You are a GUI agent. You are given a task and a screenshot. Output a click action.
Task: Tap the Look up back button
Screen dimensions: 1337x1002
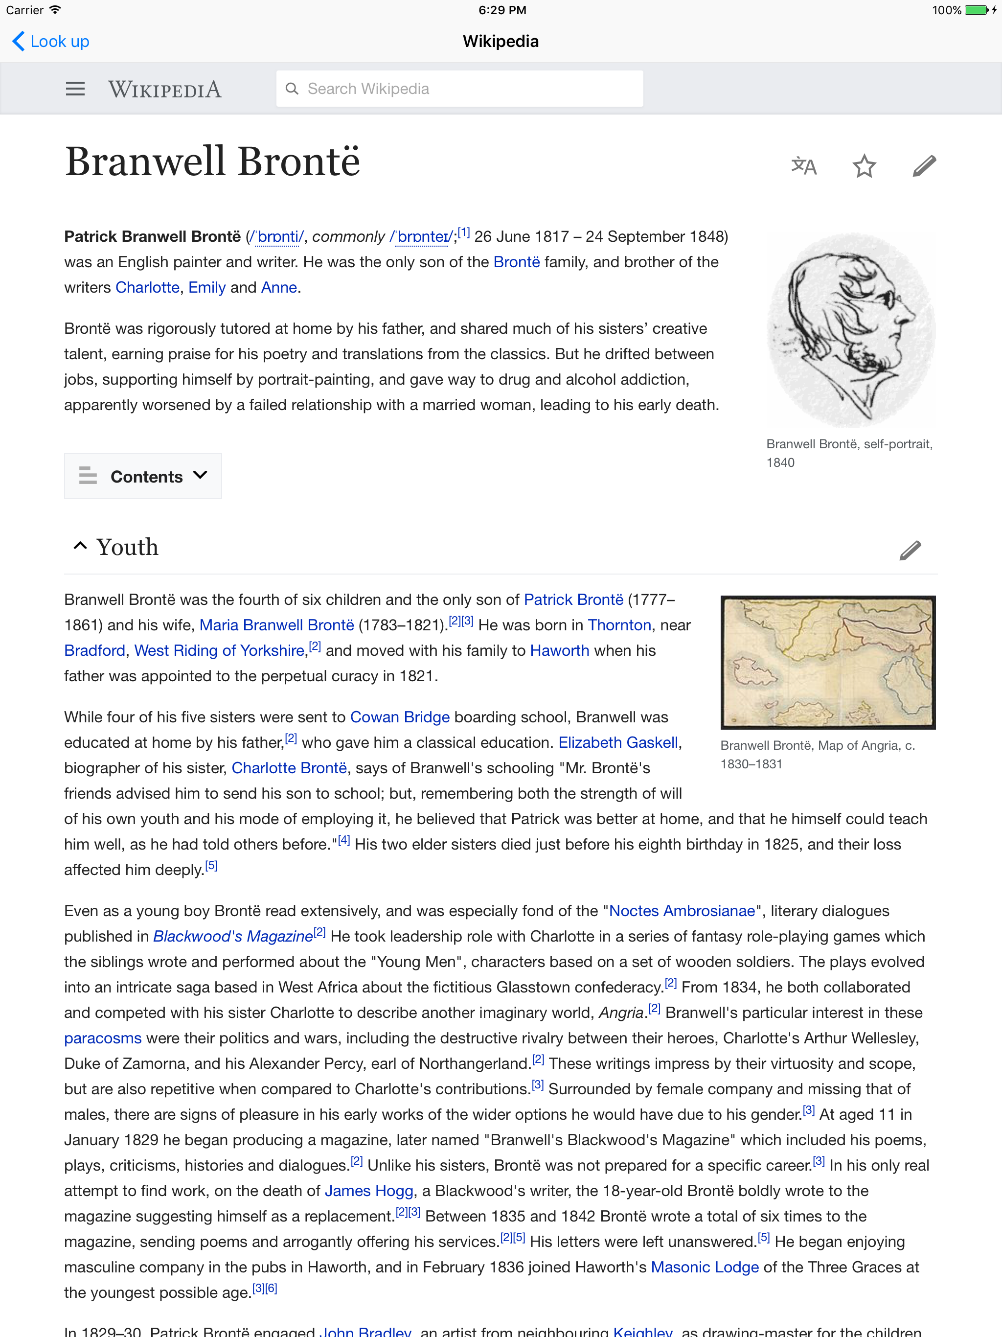51,42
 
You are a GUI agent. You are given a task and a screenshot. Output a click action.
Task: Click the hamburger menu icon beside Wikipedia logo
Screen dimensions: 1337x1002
75,90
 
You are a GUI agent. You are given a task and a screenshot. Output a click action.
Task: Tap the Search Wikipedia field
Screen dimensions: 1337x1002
459,89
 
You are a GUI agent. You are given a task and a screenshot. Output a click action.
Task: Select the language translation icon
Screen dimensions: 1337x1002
804,165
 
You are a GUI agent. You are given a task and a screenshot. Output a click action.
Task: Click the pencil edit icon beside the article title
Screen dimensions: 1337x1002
924,165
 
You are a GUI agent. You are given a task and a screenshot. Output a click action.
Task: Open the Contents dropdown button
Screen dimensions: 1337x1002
143,476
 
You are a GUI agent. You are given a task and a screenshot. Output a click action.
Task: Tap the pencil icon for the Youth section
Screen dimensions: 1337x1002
910,550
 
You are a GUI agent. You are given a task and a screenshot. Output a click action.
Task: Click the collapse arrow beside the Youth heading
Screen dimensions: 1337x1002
80,546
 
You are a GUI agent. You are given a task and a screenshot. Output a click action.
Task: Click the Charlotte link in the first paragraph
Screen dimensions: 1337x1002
147,288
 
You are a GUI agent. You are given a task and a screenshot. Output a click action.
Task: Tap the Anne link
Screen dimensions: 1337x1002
278,288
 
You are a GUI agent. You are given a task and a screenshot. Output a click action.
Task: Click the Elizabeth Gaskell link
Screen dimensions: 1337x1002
617,743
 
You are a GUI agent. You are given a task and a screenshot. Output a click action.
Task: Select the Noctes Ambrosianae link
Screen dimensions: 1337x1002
682,911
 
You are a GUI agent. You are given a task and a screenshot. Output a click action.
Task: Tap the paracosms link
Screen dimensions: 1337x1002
103,1038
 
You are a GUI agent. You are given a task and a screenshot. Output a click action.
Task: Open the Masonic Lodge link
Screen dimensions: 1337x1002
705,1268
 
